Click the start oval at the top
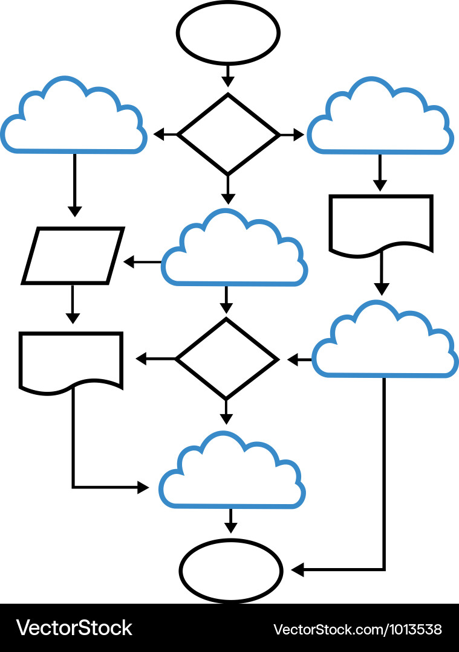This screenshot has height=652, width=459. pyautogui.click(x=228, y=33)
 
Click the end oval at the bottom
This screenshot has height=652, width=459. pyautogui.click(x=230, y=570)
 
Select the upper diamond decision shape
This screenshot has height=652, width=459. pyautogui.click(x=228, y=134)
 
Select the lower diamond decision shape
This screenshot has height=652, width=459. pyautogui.click(x=226, y=359)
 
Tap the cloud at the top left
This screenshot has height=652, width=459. pyautogui.click(x=74, y=121)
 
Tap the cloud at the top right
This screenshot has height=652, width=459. pyautogui.click(x=380, y=121)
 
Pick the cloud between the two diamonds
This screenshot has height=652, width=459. pyautogui.click(x=234, y=254)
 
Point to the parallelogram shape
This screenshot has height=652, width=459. pyautogui.click(x=73, y=255)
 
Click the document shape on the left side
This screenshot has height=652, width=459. pyautogui.click(x=71, y=360)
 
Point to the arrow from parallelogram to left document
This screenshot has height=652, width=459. pyautogui.click(x=72, y=305)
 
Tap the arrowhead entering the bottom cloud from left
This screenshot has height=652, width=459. pyautogui.click(x=143, y=487)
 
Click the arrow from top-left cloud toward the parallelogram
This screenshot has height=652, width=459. pyautogui.click(x=74, y=184)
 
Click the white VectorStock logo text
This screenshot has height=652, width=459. pyautogui.click(x=74, y=628)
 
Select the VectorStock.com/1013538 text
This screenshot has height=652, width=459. pyautogui.click(x=357, y=629)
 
